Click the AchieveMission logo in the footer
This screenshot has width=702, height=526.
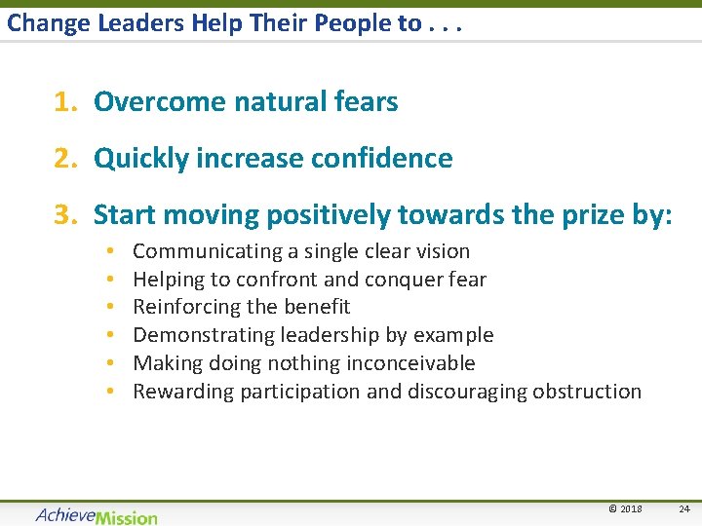click(96, 514)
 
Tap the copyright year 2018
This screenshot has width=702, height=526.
click(624, 508)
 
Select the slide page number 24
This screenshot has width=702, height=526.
click(683, 508)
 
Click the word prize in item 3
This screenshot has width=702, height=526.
click(600, 214)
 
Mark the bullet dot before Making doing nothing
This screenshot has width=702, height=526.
click(112, 363)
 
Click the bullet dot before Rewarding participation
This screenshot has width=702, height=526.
click(112, 392)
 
